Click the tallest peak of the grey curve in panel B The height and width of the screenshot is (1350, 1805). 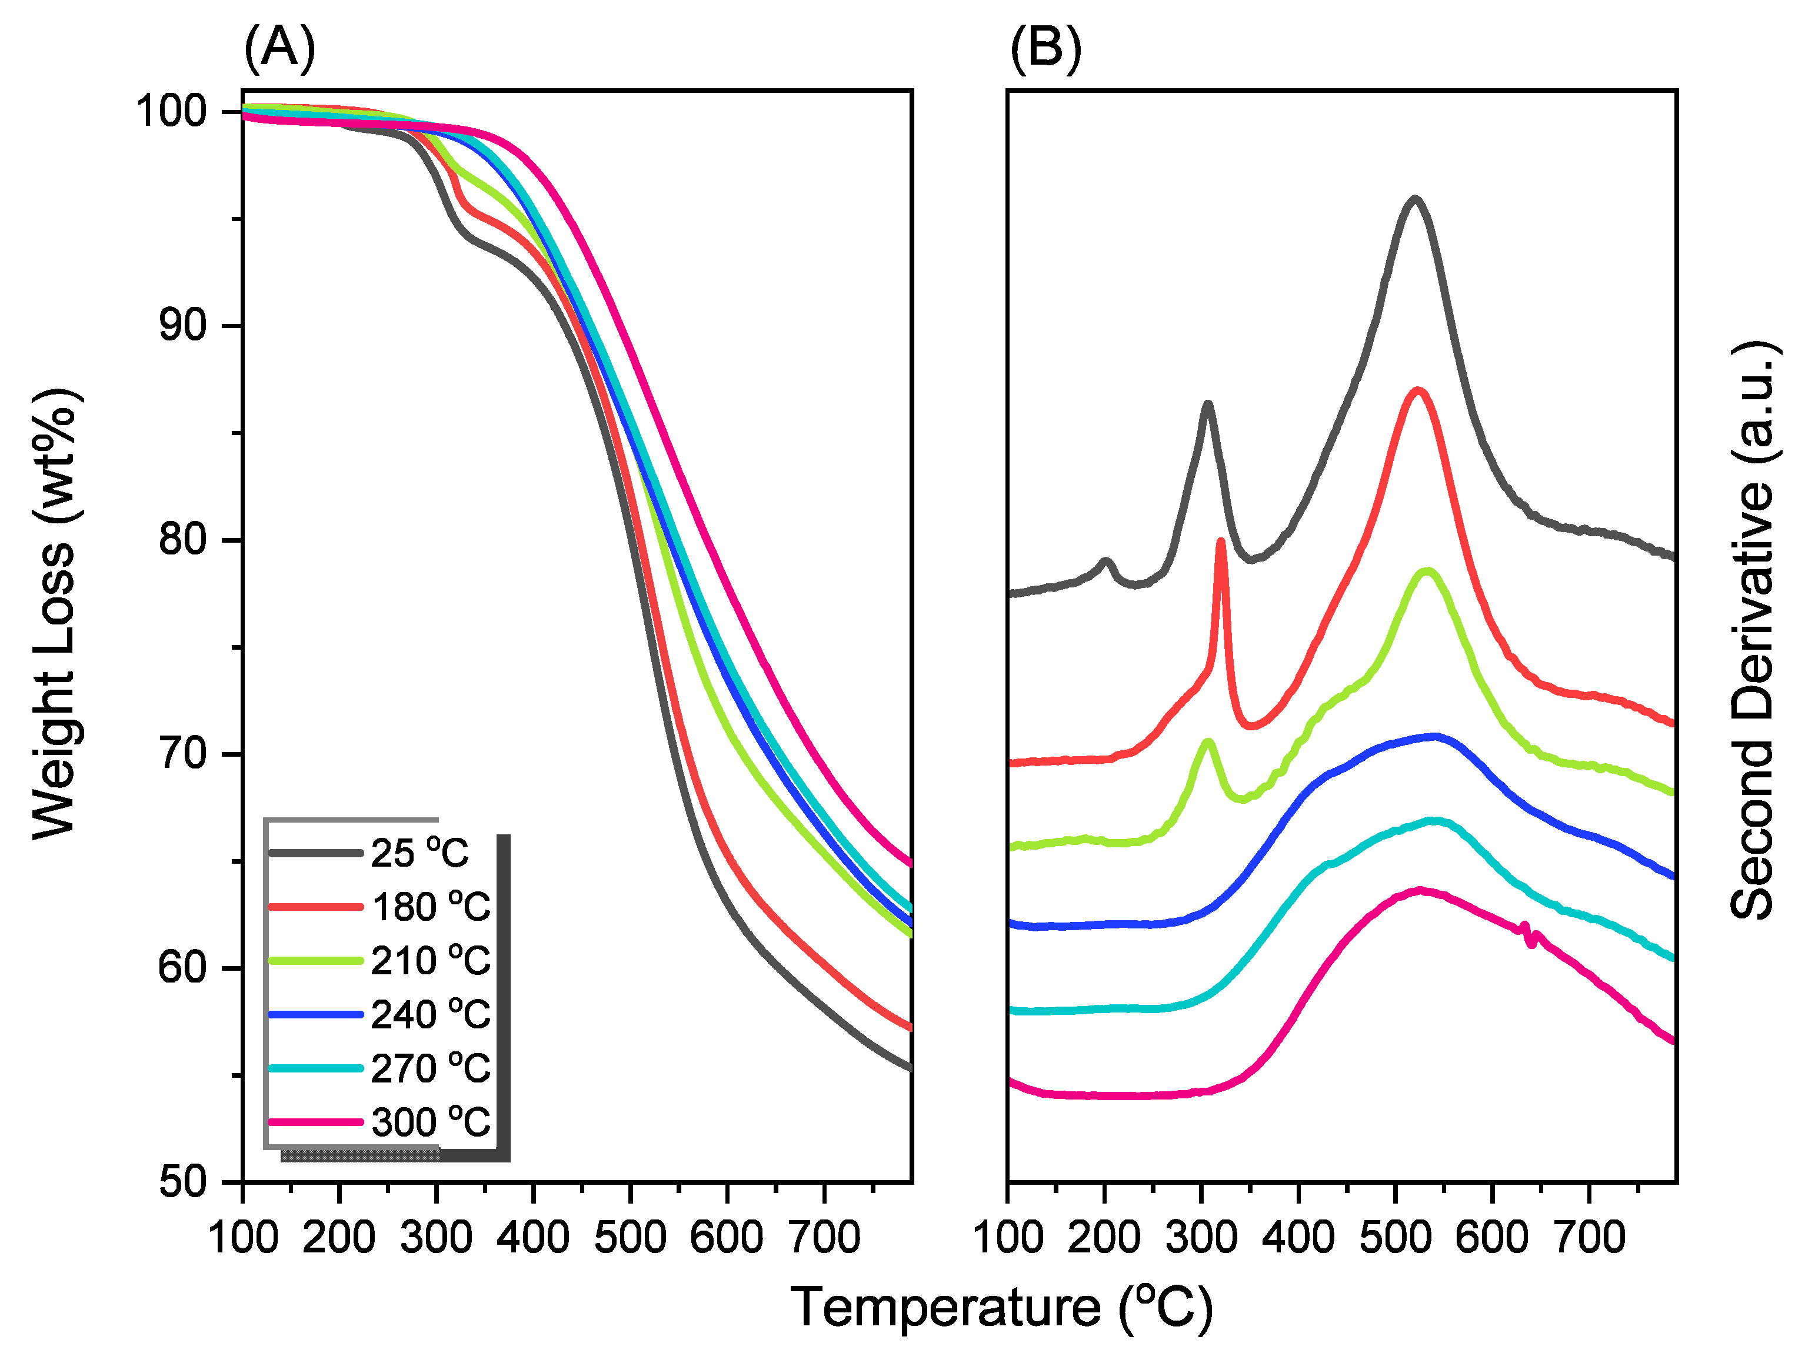pyautogui.click(x=1414, y=199)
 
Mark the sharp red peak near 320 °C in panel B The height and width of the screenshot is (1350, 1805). pyautogui.click(x=1221, y=543)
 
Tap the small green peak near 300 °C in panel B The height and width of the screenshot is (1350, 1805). pyautogui.click(x=1208, y=741)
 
